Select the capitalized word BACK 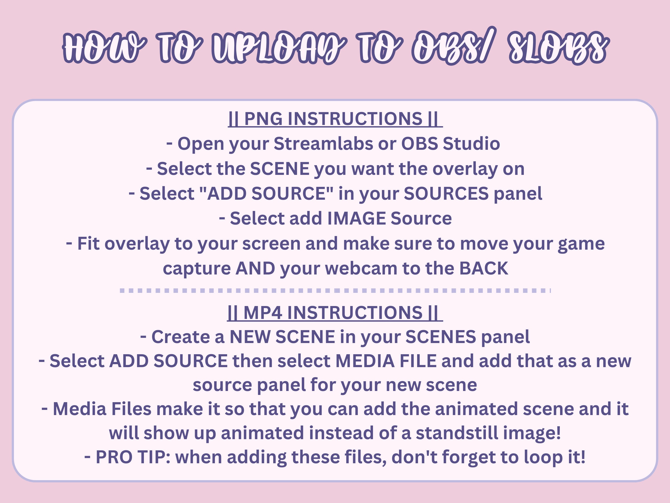point(483,268)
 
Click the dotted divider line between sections point(335,290)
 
